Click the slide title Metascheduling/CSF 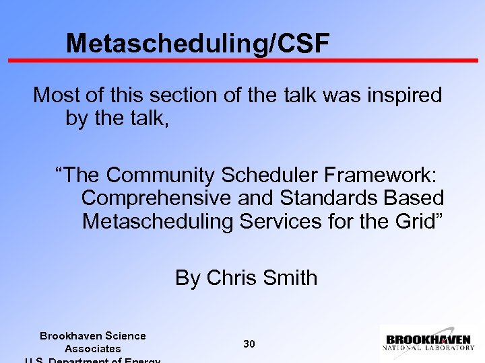coord(198,44)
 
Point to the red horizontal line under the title coord(243,61)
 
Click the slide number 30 coord(249,344)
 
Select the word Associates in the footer coord(92,348)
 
